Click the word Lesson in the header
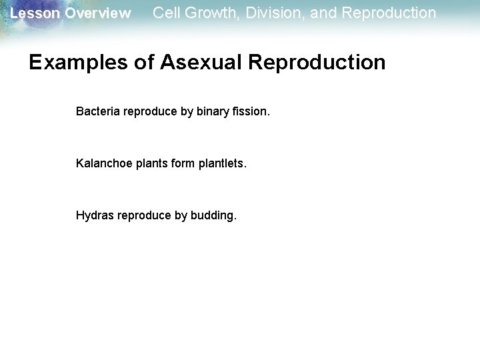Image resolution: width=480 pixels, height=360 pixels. [31, 13]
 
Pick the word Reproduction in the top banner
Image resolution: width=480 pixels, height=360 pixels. [389, 13]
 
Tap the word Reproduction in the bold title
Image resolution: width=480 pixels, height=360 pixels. [317, 63]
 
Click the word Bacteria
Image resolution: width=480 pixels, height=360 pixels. [97, 111]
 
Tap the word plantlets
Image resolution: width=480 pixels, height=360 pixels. [223, 163]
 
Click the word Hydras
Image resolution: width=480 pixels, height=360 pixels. [95, 215]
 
